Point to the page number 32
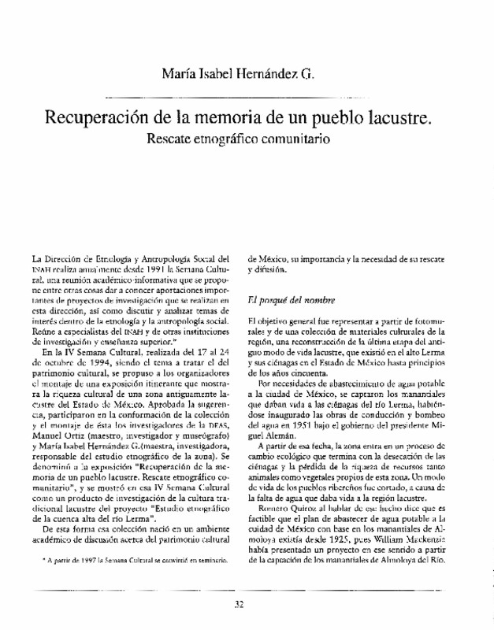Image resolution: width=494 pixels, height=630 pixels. [x=240, y=605]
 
